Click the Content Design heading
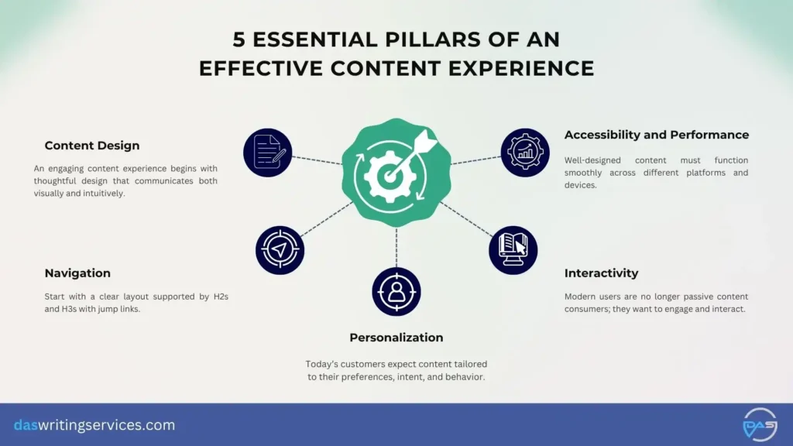(x=92, y=146)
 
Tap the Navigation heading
(x=77, y=273)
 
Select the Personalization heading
(x=396, y=338)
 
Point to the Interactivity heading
(x=601, y=273)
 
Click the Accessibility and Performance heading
(x=657, y=135)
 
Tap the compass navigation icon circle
(x=280, y=249)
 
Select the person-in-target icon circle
(x=396, y=291)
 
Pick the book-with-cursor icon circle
(x=513, y=249)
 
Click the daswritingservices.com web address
(x=94, y=425)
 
